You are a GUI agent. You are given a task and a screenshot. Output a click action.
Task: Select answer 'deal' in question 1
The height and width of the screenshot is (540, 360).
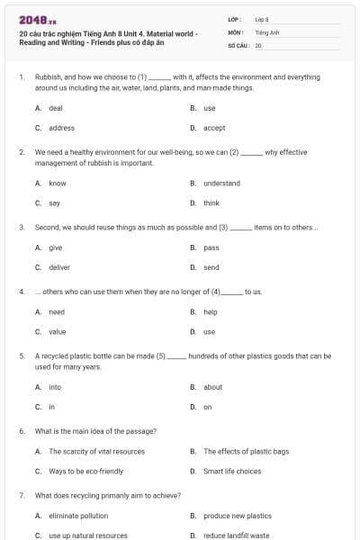(55, 108)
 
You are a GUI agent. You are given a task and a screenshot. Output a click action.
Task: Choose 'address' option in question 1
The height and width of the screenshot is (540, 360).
(61, 128)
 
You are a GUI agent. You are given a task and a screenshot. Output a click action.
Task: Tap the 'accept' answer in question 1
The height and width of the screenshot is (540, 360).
(214, 128)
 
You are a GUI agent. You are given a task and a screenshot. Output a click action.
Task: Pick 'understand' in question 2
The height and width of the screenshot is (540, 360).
(221, 183)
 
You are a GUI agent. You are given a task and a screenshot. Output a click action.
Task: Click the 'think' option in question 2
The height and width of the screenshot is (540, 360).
(211, 202)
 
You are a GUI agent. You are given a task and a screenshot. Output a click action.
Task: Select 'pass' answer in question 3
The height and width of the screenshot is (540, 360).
(211, 247)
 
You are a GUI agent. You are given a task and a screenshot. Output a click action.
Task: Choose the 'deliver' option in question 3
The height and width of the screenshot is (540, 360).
(59, 267)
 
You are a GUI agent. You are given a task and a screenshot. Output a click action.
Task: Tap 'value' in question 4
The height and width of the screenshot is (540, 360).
(57, 332)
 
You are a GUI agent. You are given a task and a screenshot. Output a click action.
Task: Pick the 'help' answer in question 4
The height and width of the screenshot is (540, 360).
(211, 312)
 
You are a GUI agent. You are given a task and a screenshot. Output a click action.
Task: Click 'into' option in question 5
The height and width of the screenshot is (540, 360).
(55, 387)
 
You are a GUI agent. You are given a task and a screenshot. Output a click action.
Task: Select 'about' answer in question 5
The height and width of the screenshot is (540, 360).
(212, 387)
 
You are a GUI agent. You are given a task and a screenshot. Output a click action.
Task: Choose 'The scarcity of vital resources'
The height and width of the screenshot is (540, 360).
(96, 451)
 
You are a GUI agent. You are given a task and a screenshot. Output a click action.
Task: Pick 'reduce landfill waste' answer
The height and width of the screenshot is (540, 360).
(236, 535)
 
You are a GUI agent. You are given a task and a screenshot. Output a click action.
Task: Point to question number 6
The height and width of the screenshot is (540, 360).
(22, 431)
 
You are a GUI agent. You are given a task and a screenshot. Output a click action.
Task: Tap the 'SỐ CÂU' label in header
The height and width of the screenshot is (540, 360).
(238, 44)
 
